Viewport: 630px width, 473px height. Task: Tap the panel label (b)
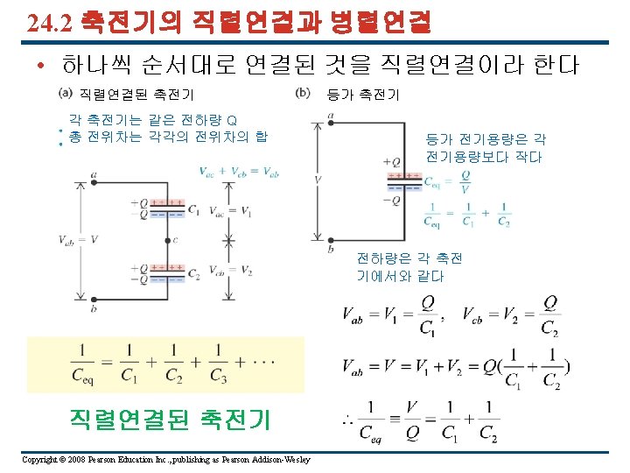304,93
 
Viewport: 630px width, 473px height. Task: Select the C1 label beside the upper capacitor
193,211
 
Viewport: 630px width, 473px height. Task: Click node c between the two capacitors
166,239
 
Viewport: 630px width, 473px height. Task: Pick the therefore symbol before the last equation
347,424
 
